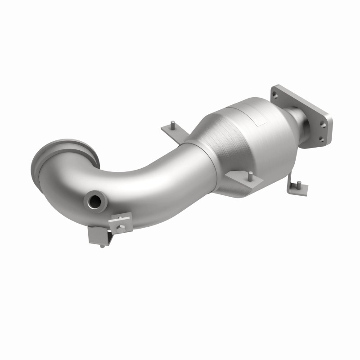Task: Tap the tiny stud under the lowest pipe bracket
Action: (103, 246)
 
